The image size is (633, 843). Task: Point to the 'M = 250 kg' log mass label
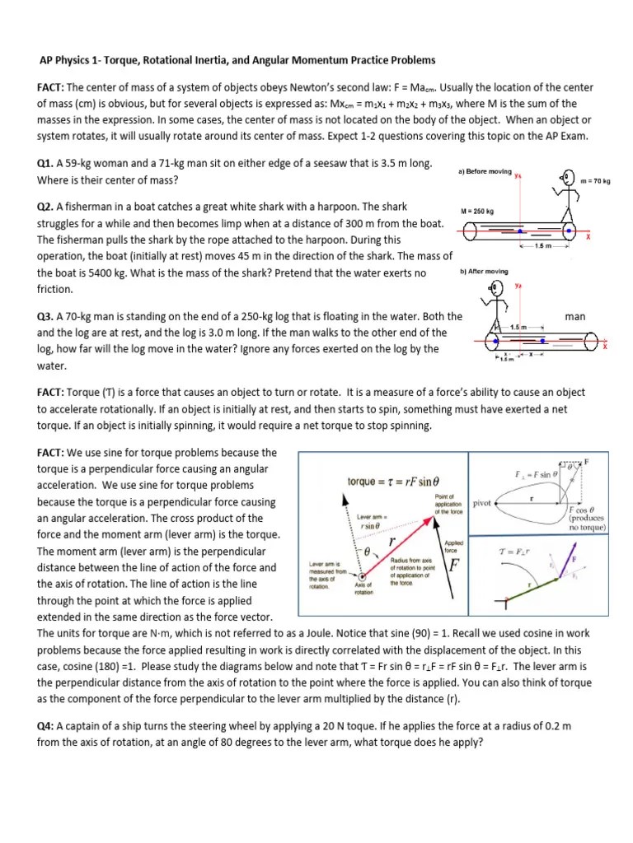click(x=476, y=211)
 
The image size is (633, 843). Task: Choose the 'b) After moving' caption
click(x=481, y=272)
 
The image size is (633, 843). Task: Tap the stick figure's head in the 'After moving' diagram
click(x=496, y=288)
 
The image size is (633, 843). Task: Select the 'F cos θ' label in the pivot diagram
click(x=587, y=510)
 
